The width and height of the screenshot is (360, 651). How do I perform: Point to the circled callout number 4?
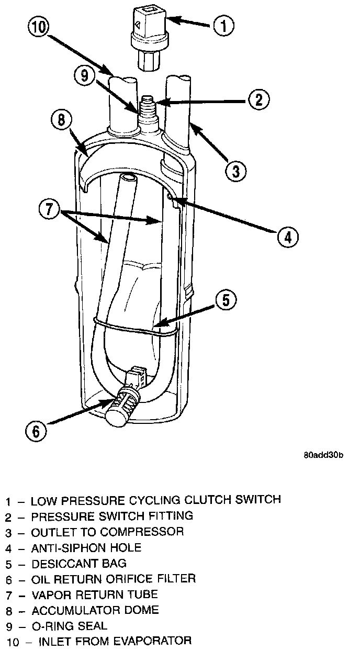[287, 236]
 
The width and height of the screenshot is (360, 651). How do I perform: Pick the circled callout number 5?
[226, 300]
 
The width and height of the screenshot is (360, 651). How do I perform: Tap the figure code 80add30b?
[323, 454]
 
